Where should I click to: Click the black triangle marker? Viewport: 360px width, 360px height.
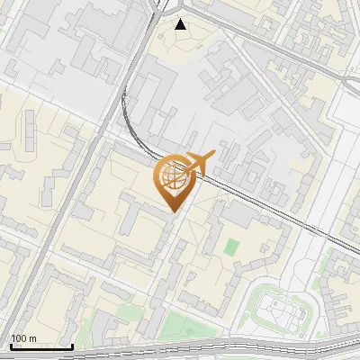click(181, 24)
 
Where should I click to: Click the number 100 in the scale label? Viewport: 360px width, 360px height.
click(19, 338)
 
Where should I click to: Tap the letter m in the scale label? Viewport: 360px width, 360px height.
click(32, 338)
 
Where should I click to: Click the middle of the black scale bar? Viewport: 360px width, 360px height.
click(41, 346)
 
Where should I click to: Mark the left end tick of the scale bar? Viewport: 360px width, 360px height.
click(10, 346)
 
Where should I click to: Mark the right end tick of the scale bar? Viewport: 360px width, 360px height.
click(73, 346)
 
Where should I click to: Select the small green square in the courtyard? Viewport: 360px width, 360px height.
click(232, 247)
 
